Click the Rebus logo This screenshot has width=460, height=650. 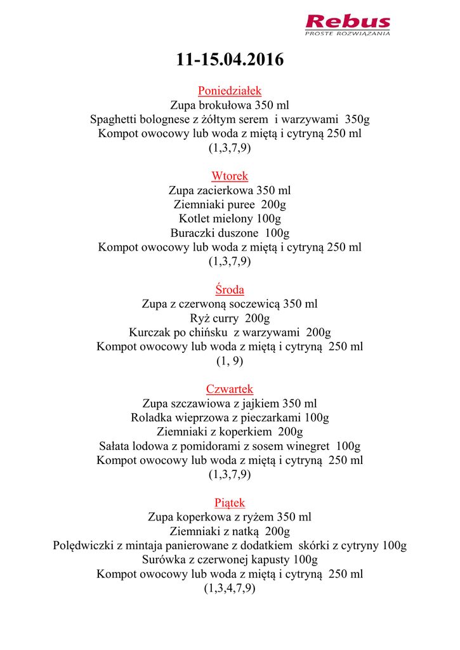coord(348,24)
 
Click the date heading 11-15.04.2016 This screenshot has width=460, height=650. coord(230,60)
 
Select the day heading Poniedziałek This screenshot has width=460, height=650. coord(230,91)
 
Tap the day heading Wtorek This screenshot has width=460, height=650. coord(230,176)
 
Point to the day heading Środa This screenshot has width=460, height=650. coord(230,290)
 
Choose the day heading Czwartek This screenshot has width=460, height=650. coord(230,389)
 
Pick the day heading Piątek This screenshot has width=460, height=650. coord(230,503)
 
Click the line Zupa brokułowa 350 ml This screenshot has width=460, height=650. coord(230,105)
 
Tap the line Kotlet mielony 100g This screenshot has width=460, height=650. coord(230,219)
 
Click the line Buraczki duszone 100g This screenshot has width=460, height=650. coord(230,233)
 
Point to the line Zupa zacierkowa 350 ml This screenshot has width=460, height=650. coord(230,190)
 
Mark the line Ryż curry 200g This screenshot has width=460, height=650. coord(230,319)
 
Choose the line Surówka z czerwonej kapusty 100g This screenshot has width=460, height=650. coord(230,560)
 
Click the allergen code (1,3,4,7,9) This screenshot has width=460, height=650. coord(230,588)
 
